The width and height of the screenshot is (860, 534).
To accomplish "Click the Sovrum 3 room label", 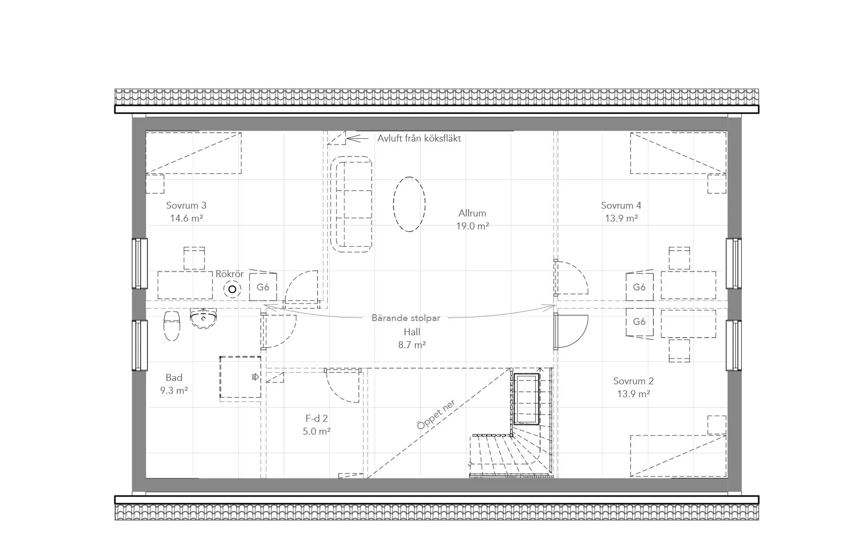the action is pos(186,205).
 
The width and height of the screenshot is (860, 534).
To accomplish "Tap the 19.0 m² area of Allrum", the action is pos(473,226).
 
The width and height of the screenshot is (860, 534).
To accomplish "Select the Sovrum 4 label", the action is pos(621,205).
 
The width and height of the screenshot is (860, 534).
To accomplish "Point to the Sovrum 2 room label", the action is pos(633,381).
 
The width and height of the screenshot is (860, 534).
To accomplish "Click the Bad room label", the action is pos(174,378).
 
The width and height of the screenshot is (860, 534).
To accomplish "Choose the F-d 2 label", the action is pos(317,418).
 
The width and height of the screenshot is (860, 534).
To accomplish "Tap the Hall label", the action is pos(412,332).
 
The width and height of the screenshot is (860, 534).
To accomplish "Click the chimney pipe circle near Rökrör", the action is pos(232,289).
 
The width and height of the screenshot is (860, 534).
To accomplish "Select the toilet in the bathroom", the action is pos(172,326).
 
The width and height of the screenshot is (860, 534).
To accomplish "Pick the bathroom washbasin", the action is pos(203,318).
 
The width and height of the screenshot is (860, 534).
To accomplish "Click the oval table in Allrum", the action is pos(409,204).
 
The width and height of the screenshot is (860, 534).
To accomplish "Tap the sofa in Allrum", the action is pos(351,204).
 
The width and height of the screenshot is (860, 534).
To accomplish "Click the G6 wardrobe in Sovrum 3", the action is pos(263,287).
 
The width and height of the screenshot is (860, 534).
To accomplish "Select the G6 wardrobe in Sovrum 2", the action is pos(640,322).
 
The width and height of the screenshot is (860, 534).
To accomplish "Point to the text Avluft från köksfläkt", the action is pos(419,139).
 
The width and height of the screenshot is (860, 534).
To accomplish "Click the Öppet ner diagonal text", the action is pos(436,415).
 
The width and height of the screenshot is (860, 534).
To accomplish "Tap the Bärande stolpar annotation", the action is pos(406,318).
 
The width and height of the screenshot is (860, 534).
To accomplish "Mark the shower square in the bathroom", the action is pos(240,377).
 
